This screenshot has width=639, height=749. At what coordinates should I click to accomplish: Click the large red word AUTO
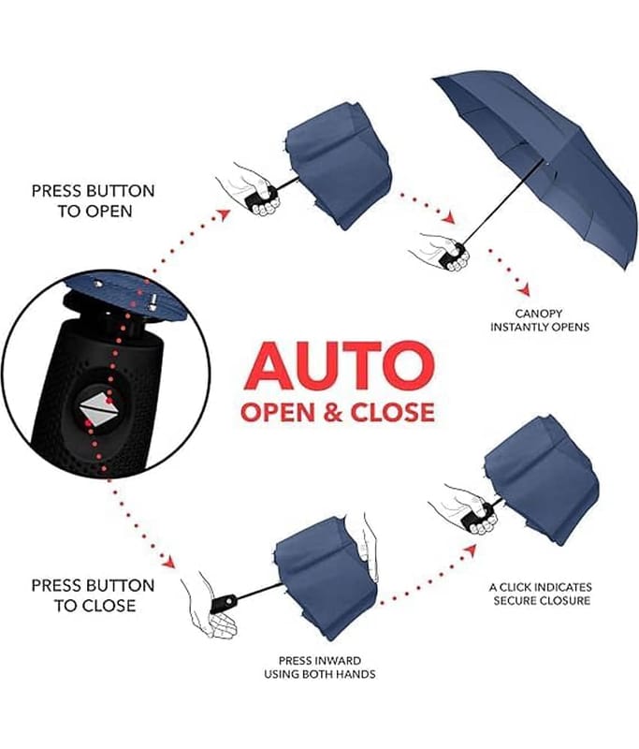[340, 366]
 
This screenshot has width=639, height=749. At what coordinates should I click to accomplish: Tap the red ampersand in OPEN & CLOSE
[333, 413]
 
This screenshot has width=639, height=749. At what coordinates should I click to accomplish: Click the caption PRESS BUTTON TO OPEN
[94, 200]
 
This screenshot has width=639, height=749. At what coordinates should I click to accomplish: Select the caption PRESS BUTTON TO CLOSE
[94, 595]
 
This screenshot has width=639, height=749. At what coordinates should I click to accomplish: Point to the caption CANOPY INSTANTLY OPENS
[540, 320]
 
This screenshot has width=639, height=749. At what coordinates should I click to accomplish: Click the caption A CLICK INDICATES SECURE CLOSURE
[540, 594]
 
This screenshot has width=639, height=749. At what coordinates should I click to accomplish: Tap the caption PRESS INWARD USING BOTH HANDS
[320, 668]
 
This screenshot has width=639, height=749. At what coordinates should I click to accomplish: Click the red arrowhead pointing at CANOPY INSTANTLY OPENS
[525, 289]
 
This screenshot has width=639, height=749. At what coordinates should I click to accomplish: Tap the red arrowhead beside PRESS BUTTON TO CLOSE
[168, 562]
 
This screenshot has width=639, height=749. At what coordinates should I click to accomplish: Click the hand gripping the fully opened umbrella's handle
[438, 251]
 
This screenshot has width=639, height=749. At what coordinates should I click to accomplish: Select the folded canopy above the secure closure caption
[542, 477]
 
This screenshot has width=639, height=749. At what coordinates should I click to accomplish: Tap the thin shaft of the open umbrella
[502, 200]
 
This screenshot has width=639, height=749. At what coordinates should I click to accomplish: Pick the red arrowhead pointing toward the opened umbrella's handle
[447, 218]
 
